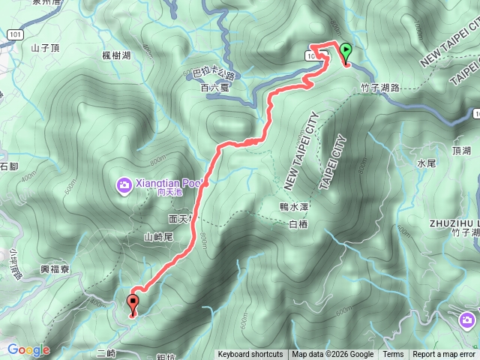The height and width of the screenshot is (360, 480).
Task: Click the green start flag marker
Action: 346,52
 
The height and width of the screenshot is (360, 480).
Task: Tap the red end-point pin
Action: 133,304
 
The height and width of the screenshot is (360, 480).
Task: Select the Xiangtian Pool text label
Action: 164,182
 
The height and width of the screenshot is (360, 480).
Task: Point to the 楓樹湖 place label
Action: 116,55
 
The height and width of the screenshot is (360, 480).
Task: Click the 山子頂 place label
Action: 45,47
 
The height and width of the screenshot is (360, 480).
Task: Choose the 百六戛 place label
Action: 214,88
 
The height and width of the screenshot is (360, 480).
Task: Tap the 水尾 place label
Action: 426,162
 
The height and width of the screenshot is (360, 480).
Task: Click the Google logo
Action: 28,349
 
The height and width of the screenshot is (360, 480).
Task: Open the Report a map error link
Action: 444,355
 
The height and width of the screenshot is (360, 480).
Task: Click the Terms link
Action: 393,355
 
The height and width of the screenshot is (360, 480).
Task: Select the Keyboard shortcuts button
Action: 250,355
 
